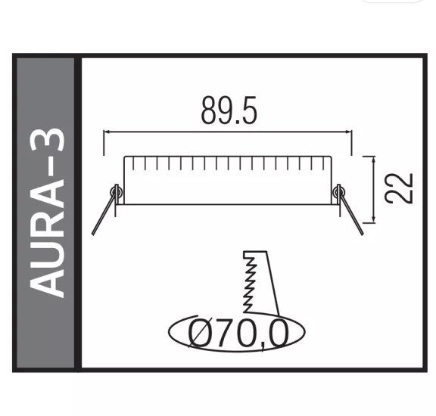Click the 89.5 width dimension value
pyautogui.click(x=229, y=111)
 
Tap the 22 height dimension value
pyautogui.click(x=399, y=188)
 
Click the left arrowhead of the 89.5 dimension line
pyautogui.click(x=107, y=132)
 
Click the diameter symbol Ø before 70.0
pyautogui.click(x=198, y=334)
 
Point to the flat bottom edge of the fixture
pyautogui.click(x=227, y=203)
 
